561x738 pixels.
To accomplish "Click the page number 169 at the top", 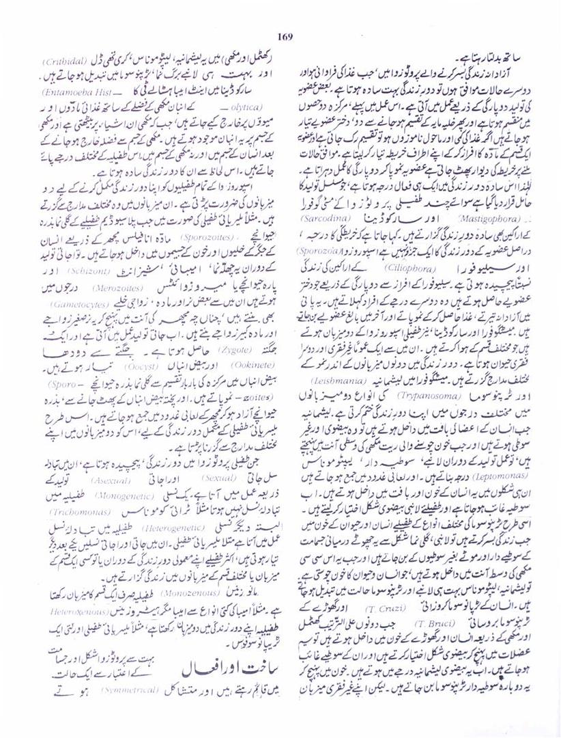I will click(x=285, y=37).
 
